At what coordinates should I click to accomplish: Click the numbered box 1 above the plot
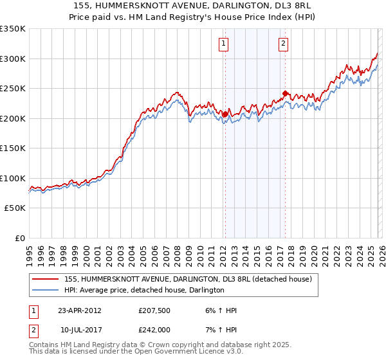click(x=223, y=44)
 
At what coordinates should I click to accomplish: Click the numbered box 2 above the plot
click(x=283, y=44)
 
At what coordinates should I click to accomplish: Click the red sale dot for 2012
click(x=225, y=114)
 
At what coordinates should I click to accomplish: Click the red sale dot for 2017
click(x=285, y=94)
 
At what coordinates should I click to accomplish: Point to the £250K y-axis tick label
click(x=13, y=89)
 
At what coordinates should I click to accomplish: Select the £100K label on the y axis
click(x=13, y=178)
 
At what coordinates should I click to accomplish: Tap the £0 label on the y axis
click(x=19, y=238)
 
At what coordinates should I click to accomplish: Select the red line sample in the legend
click(x=46, y=279)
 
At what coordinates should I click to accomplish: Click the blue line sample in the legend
click(x=46, y=290)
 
